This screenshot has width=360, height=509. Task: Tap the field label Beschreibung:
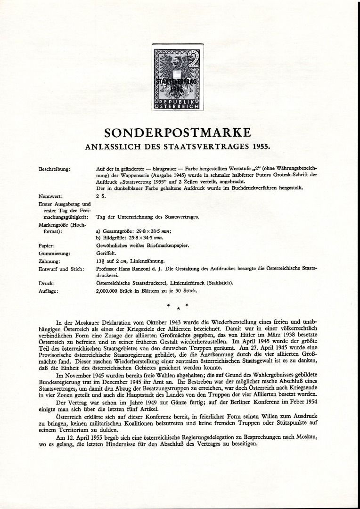(55, 168)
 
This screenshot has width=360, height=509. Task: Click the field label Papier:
(49, 246)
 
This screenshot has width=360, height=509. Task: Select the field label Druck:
(47, 283)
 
